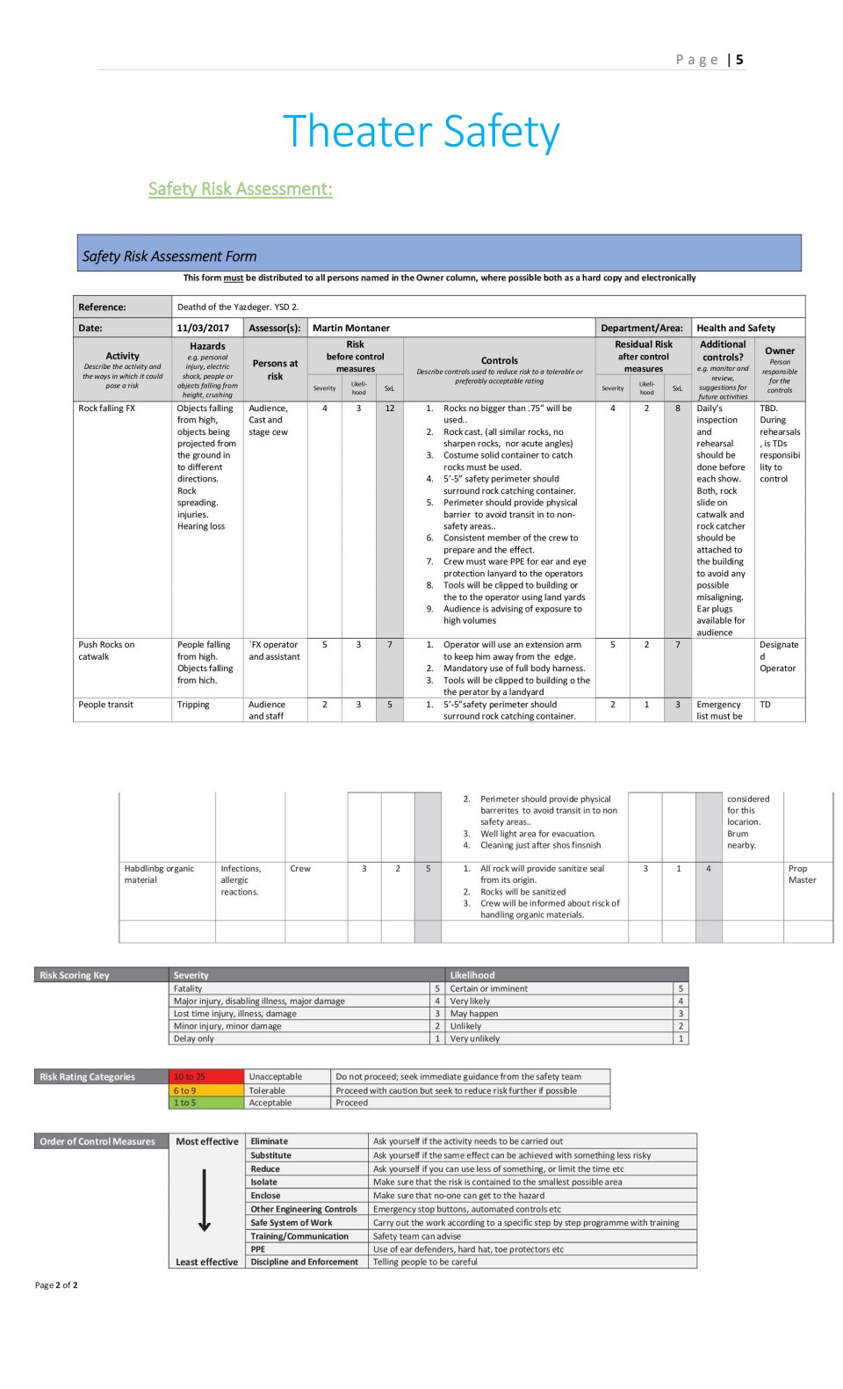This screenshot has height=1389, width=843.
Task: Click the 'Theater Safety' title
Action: click(421, 132)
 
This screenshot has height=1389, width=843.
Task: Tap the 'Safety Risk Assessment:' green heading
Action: click(240, 189)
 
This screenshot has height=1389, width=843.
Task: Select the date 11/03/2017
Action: click(203, 328)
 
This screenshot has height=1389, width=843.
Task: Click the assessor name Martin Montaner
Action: click(351, 328)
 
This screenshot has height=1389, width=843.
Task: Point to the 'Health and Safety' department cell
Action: click(736, 328)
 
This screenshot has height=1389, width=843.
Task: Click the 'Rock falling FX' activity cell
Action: click(107, 409)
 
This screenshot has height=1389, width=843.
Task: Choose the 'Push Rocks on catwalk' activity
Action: click(106, 650)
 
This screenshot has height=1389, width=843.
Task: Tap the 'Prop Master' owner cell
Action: click(802, 874)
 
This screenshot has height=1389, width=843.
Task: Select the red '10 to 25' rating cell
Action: click(190, 1076)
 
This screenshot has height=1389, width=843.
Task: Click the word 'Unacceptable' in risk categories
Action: click(275, 1076)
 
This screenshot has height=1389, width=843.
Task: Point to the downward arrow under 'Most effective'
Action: click(205, 1200)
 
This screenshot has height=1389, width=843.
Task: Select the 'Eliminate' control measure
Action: click(270, 1141)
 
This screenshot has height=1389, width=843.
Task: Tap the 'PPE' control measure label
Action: click(258, 1248)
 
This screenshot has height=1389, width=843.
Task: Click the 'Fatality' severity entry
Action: click(188, 988)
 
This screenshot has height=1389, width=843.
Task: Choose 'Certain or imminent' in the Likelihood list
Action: click(489, 988)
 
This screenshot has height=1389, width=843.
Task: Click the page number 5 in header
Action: click(739, 60)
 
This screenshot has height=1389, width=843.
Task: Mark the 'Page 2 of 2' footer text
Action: click(56, 1284)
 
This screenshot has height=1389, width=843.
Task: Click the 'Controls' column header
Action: click(499, 360)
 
